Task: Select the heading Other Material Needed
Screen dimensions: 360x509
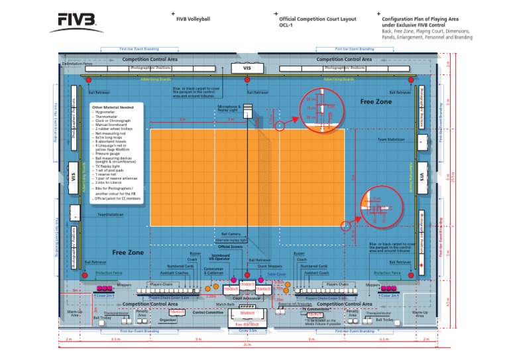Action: [113, 107]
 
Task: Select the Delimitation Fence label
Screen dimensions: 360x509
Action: [77, 64]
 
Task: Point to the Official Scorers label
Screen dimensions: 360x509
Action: [233, 246]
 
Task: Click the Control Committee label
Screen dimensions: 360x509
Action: [208, 312]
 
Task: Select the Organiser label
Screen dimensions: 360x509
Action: [168, 319]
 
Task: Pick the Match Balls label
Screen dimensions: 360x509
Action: [225, 304]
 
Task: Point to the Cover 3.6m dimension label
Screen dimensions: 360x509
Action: [247, 330]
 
